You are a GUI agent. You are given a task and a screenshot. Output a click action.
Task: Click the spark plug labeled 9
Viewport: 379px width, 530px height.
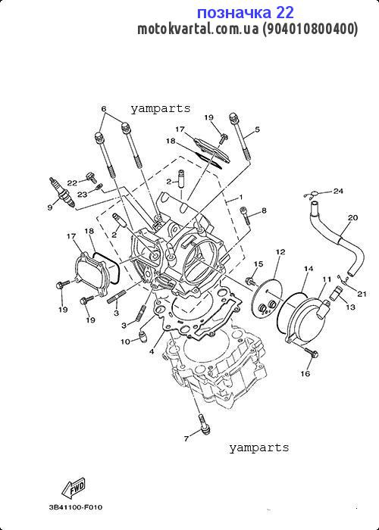62,192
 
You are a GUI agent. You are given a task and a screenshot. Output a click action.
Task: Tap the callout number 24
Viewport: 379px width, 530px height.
338,192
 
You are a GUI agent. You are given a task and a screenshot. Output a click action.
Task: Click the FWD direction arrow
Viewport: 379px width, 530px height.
74,489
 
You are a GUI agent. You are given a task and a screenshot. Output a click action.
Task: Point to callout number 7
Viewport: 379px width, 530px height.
186,438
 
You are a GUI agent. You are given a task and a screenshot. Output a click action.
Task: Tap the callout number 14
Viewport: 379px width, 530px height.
309,269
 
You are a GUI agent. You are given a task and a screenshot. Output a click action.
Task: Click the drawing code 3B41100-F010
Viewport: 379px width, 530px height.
75,507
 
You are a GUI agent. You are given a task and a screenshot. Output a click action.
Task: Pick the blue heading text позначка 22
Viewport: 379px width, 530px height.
246,13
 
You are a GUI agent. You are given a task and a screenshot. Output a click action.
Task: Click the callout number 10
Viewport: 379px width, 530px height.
125,341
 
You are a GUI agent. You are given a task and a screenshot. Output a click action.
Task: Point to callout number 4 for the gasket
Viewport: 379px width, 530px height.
152,352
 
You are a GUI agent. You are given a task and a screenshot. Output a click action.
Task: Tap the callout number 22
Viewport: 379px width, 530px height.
72,183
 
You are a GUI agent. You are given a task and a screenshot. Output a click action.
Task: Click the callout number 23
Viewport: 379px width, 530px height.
82,195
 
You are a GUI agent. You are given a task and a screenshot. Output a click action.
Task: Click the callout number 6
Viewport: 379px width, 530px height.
104,109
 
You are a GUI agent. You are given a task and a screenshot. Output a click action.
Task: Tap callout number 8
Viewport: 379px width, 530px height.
264,211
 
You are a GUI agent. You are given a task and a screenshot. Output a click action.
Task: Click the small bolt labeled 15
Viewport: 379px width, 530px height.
250,281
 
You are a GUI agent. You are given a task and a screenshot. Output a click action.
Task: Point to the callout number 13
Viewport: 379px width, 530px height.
350,307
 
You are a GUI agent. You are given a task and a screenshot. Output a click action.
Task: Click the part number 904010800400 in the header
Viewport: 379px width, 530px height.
310,30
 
